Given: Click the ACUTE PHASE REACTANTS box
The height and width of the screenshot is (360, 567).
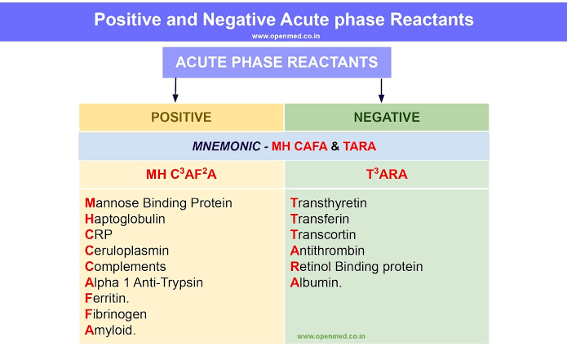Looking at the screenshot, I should (277, 63).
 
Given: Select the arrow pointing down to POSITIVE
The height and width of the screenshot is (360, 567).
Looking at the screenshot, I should (175, 89).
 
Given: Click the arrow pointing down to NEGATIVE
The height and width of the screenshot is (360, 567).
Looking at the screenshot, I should (381, 89).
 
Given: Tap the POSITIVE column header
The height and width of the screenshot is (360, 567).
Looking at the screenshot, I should (181, 118).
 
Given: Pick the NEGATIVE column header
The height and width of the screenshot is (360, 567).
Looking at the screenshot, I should (387, 118).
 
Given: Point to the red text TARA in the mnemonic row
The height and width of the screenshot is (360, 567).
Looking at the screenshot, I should (360, 147).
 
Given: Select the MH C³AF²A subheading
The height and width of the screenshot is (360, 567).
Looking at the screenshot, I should (180, 174).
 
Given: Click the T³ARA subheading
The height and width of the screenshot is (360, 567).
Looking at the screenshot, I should (387, 174).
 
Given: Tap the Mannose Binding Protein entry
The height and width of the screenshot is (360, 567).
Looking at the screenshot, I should (158, 202).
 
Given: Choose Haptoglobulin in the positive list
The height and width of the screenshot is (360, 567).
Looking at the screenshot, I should (125, 219).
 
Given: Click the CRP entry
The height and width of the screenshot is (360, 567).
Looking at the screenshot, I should (97, 234).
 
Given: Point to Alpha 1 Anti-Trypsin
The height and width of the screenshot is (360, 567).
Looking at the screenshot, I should (144, 282).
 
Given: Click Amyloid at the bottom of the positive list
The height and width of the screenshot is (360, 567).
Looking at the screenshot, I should (110, 330).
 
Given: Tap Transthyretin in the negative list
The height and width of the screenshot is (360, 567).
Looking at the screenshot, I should (329, 202).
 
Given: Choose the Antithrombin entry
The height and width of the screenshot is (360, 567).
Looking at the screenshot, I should (327, 251).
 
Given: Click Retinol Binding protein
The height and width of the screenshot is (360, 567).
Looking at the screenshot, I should (357, 266).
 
